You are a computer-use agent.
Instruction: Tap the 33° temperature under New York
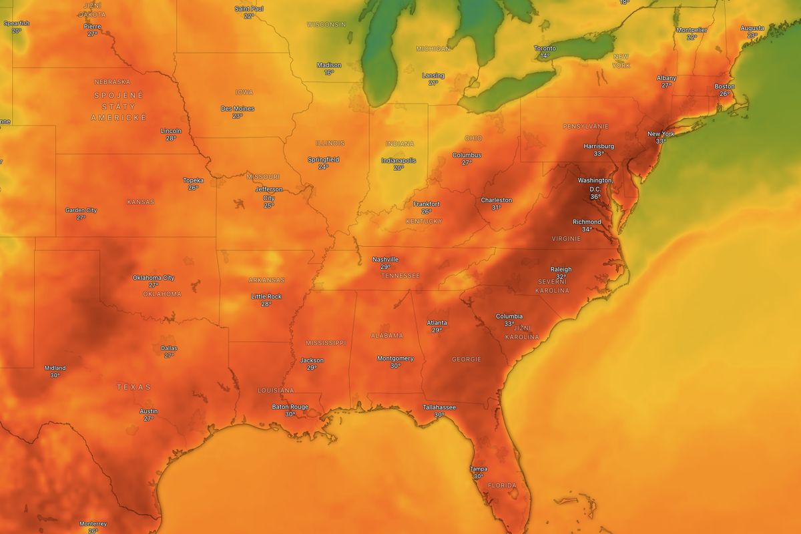[x=661, y=142]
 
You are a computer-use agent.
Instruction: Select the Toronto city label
[x=545, y=48]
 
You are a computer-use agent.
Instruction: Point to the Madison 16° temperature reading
[x=329, y=72]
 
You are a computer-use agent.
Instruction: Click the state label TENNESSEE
[x=400, y=276]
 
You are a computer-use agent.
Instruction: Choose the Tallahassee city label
[x=439, y=407]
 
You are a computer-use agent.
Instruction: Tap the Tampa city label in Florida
[x=478, y=469]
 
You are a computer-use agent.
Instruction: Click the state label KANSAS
[x=140, y=202]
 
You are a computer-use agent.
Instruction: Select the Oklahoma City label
[x=154, y=278]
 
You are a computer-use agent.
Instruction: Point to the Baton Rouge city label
[x=290, y=407]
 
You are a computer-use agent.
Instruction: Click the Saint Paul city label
[x=248, y=9]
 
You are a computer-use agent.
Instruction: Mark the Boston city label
[x=724, y=86]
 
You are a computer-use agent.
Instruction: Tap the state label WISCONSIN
[x=326, y=24]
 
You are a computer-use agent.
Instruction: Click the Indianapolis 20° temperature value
[x=398, y=168]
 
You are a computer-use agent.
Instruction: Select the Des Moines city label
[x=237, y=108]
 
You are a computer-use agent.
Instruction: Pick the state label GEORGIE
[x=466, y=359]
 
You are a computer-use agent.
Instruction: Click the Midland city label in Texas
[x=55, y=368]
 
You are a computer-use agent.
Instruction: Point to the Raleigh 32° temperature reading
[x=561, y=277]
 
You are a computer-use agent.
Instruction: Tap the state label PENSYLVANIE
[x=585, y=126]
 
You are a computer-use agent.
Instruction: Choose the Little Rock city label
[x=266, y=296]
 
